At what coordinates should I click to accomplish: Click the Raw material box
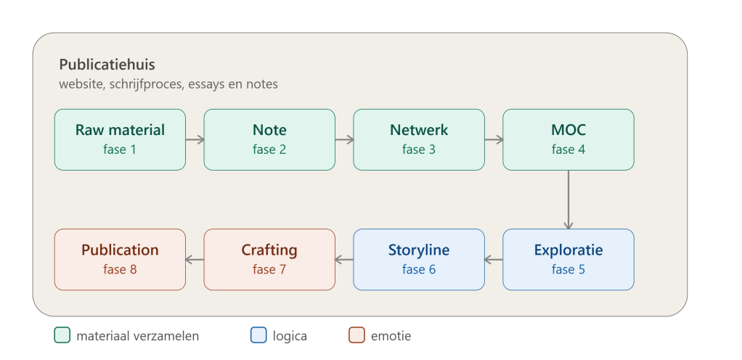[120, 139]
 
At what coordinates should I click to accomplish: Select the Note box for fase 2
[269, 139]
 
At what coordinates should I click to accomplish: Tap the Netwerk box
[419, 139]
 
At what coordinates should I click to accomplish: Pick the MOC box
[568, 139]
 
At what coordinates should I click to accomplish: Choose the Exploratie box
[568, 259]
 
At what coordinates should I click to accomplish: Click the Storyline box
[419, 259]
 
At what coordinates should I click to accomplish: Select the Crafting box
[269, 259]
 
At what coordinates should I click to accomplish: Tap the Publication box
[120, 259]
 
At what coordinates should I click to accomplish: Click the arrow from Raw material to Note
[195, 139]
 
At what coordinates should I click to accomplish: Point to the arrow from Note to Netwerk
[344, 139]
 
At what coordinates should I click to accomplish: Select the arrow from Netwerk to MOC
[494, 139]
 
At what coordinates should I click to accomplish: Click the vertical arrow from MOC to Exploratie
[568, 200]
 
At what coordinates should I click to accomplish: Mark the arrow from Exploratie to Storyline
[494, 259]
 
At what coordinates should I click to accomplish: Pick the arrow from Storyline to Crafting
[344, 259]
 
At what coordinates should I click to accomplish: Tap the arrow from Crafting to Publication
[195, 259]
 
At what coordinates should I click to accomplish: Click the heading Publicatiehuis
[107, 65]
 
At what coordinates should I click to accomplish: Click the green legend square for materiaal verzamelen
[62, 335]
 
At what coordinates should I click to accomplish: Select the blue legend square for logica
[258, 335]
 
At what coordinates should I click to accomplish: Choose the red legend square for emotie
[356, 335]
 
